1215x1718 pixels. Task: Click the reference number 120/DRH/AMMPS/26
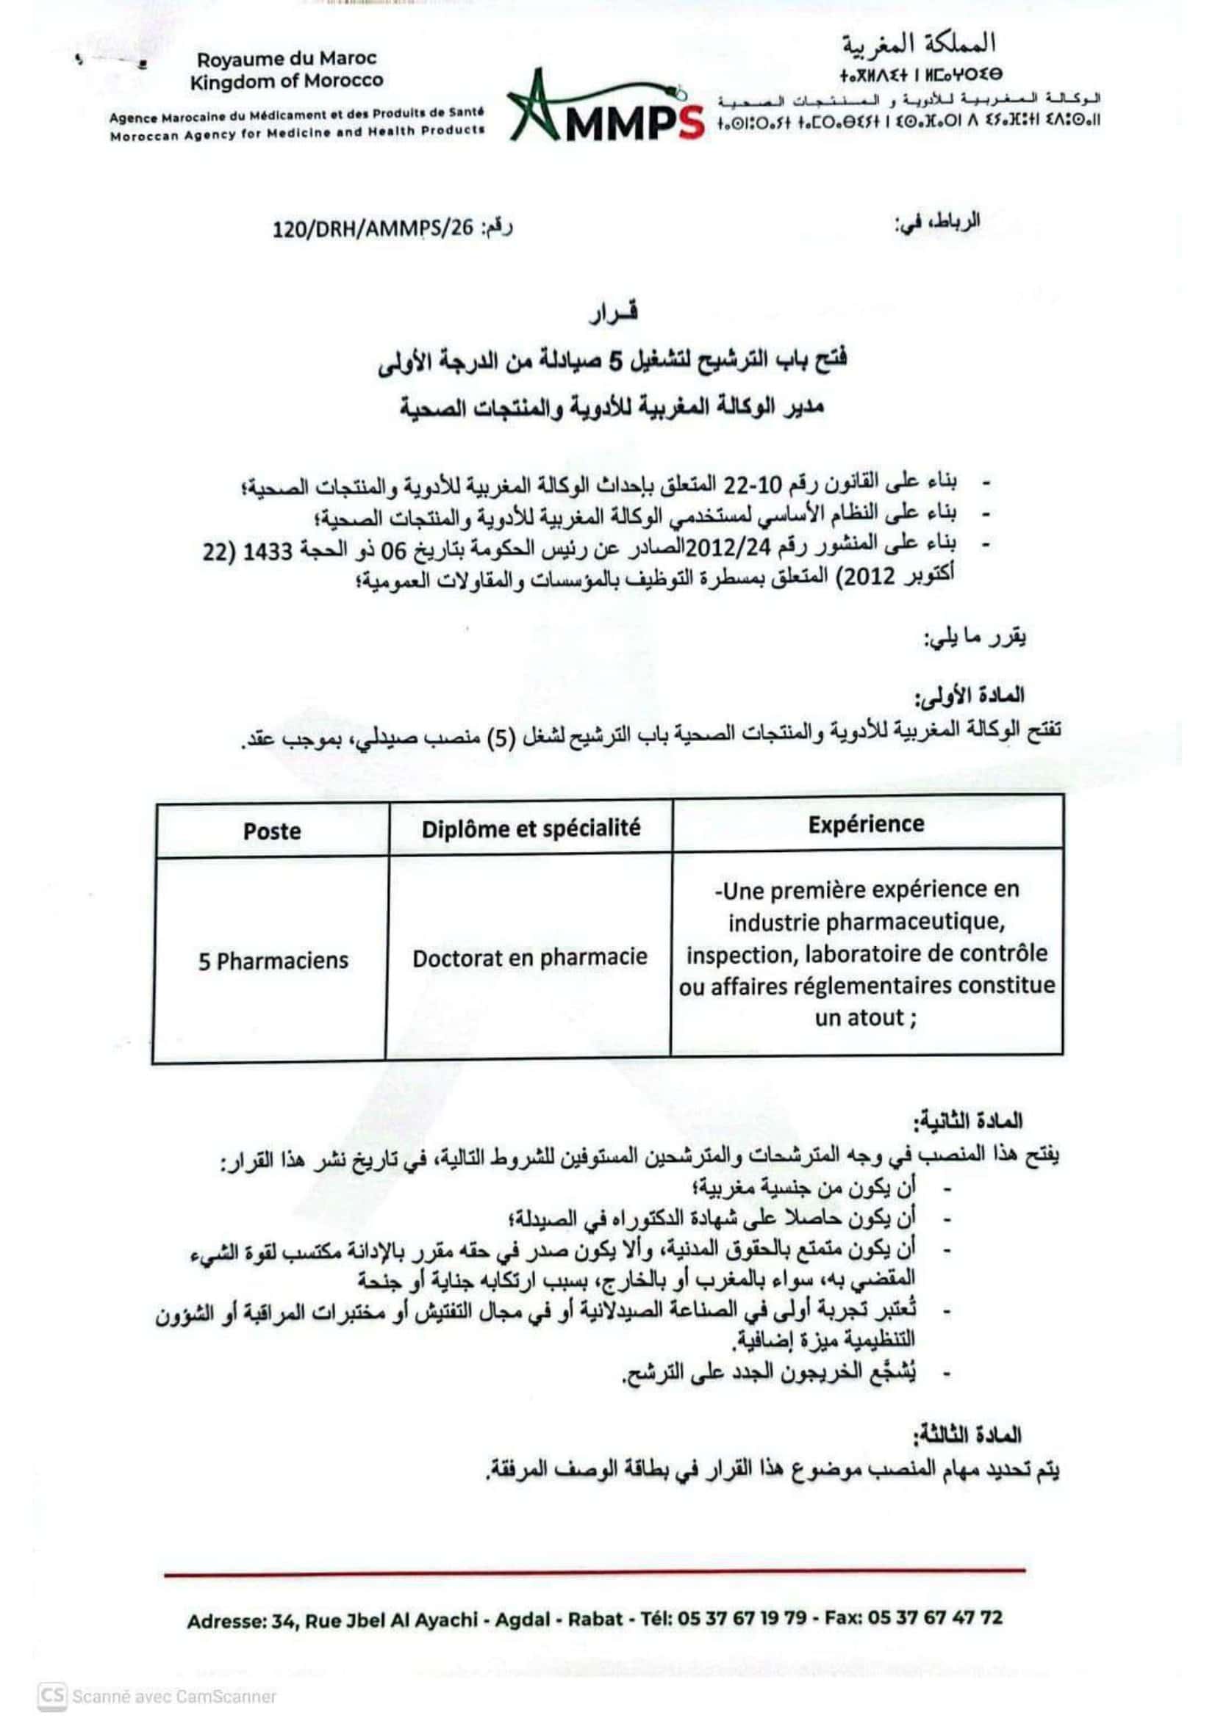tap(373, 228)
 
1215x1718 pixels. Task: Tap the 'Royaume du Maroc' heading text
tap(287, 58)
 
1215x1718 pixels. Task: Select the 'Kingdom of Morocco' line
tap(286, 81)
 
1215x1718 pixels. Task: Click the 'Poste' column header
tap(272, 831)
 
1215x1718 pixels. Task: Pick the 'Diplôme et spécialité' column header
tap(531, 829)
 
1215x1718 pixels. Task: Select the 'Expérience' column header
tap(866, 824)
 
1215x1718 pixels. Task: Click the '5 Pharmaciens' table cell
tap(273, 961)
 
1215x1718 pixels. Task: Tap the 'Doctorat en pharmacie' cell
tap(530, 958)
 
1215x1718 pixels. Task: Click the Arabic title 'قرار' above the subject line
tap(613, 315)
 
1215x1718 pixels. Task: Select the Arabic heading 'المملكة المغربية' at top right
tap(920, 45)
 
